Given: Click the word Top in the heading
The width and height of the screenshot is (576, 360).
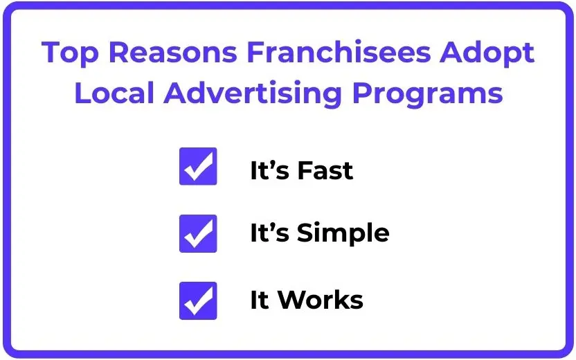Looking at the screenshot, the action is (x=70, y=53).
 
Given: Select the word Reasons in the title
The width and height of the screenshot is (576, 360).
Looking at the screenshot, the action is (x=173, y=52).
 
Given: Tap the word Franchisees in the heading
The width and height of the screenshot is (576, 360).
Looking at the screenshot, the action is (x=339, y=52).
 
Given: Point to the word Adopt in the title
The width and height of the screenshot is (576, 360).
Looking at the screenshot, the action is (x=487, y=53).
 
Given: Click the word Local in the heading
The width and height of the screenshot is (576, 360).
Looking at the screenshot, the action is (x=114, y=92).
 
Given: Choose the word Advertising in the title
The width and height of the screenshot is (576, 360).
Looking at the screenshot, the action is (x=253, y=93).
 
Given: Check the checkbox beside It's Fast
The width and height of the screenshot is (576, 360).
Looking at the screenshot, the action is (x=198, y=166).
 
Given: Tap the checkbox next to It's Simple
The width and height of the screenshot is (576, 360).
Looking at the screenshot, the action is (x=198, y=233).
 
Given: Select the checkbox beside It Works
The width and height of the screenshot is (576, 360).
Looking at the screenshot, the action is (x=198, y=301).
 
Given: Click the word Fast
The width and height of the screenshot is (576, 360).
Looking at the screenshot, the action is (x=325, y=170).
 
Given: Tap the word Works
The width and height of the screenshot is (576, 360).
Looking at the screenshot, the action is (x=321, y=299).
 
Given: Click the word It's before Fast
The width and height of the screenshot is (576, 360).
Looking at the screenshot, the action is (x=270, y=170).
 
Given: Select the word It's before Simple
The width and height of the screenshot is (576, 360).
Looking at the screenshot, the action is (x=270, y=233).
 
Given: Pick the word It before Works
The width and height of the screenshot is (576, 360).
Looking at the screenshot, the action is (x=260, y=300).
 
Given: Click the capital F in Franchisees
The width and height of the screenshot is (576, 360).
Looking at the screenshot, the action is (x=256, y=52).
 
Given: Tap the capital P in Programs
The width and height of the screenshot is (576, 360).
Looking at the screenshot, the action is (x=362, y=92).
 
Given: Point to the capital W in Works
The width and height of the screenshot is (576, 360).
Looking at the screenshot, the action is (x=294, y=300).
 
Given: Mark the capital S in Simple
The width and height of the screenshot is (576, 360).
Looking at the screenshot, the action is (x=305, y=233).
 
